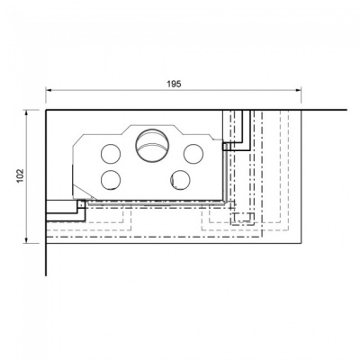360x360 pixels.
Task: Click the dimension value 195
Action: click(174, 83)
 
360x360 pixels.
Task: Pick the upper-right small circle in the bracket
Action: click(191, 152)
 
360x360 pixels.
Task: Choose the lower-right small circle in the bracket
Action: click(180, 179)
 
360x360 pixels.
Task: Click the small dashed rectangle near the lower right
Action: click(242, 217)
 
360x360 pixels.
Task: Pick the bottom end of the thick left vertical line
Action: click(45, 275)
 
